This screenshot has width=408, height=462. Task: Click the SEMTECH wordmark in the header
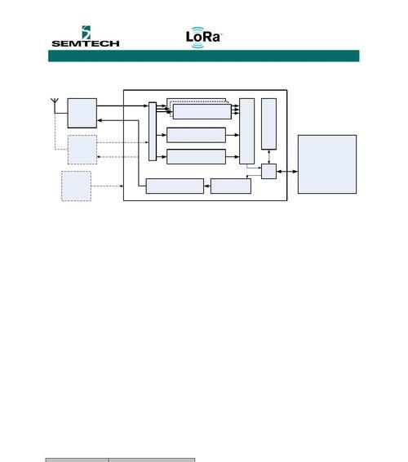[x=86, y=43]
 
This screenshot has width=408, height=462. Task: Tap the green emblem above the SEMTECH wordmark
[x=86, y=32]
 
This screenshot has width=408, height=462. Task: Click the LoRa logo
[x=203, y=37]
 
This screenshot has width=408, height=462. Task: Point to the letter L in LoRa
[x=189, y=37]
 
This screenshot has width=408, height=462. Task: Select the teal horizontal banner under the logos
[x=204, y=56]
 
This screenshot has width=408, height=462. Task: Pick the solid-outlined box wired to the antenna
[x=82, y=113]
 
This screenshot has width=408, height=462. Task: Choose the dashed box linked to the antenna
[x=82, y=150]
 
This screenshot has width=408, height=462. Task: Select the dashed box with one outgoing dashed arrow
[x=76, y=186]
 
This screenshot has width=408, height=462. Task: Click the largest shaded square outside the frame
[x=327, y=164]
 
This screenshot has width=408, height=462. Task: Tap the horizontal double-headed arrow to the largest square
[x=287, y=172]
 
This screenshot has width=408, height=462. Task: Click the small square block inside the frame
[x=269, y=171]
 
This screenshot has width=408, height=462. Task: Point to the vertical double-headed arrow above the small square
[x=269, y=157]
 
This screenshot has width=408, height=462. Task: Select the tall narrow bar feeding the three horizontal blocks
[x=153, y=132]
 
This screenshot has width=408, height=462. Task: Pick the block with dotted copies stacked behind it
[x=202, y=111]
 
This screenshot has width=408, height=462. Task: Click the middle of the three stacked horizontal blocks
[x=196, y=135]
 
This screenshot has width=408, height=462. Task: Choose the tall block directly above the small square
[x=268, y=123]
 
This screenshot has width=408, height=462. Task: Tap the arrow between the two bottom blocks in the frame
[x=207, y=186]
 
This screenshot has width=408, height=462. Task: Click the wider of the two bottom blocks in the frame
[x=175, y=186]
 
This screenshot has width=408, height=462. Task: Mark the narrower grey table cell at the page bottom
[x=78, y=460]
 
